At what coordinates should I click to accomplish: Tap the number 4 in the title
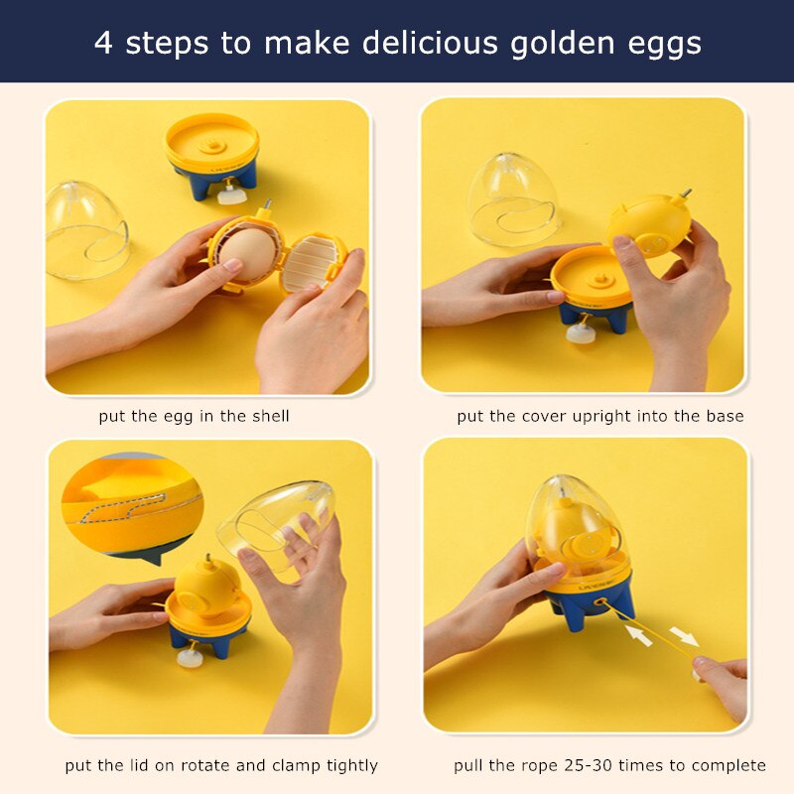(x=103, y=43)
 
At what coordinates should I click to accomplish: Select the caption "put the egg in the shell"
(x=195, y=416)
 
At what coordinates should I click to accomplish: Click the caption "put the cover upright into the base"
(x=599, y=416)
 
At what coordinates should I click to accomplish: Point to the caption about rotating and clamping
(x=221, y=765)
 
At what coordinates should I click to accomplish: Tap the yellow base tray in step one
(x=211, y=142)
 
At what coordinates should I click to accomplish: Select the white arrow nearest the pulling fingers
(x=683, y=636)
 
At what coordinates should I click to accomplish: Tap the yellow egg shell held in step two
(x=650, y=225)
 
